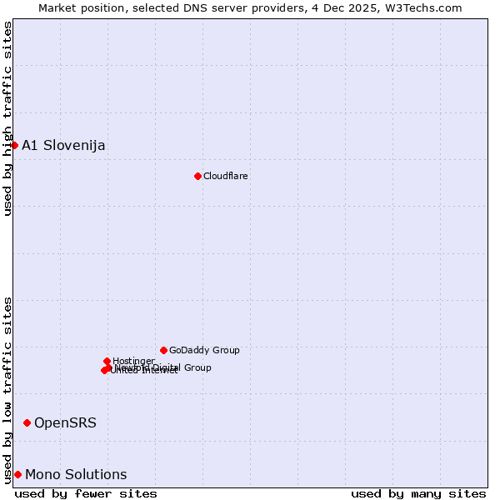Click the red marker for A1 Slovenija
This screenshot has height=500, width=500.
tap(14, 145)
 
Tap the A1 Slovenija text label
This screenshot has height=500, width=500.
tap(63, 146)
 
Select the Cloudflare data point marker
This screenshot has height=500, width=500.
tap(197, 176)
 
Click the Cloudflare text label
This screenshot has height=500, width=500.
tap(226, 177)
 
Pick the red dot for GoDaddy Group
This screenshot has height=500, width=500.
tap(163, 350)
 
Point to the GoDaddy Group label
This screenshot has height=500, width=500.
tap(204, 351)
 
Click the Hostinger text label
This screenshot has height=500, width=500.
tap(133, 361)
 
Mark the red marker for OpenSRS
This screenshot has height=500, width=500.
tap(27, 422)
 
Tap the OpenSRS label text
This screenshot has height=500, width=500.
tap(65, 423)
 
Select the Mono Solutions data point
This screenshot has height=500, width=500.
tap(17, 474)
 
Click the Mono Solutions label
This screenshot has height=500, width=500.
tap(76, 475)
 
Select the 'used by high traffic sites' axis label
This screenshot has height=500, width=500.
tap(8, 118)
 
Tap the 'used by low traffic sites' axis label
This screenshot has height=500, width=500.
tap(8, 389)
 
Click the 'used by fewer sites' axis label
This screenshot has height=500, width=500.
tap(86, 493)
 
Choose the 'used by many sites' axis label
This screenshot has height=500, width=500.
tap(418, 493)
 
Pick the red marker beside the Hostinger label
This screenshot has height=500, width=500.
tap(107, 361)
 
